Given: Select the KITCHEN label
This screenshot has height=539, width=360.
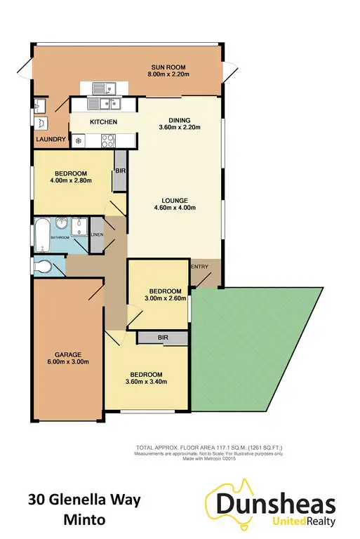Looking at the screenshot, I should pos(103,122).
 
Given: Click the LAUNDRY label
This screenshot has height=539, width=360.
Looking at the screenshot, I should pos(51,140).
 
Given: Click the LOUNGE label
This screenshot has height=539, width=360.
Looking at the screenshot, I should pos(175,199).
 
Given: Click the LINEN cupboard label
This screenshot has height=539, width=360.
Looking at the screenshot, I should pos(97,234).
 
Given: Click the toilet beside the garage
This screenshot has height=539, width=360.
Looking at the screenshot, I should pos(45,267).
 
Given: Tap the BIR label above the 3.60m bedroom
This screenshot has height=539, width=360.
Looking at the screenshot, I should pos(162,338).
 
